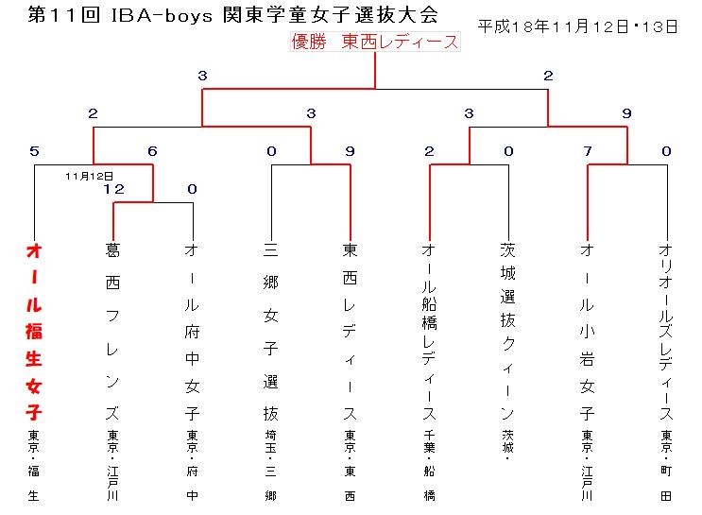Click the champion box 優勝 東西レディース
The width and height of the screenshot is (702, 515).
coord(375,42)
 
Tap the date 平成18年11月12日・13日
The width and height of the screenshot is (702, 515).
coord(577,26)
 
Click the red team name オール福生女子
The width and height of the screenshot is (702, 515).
coord(34,332)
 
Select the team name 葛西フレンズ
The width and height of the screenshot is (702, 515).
coord(112,332)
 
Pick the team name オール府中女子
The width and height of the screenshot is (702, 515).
coord(192,332)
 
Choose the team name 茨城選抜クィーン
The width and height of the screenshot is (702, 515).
coord(508,332)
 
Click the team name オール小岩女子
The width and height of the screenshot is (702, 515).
coord(587,332)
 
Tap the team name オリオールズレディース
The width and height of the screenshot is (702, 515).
coord(666,332)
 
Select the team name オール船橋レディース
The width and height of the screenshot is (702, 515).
coord(429,332)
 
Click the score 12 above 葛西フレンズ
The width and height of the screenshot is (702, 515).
coord(113,189)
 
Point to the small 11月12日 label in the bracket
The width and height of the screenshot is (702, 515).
coord(89,176)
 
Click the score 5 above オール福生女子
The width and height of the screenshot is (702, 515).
coord(34,151)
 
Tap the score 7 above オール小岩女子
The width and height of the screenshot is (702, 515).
coord(588,151)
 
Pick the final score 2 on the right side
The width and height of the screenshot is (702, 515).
coord(548,76)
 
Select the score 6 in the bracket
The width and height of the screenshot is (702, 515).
coord(153,151)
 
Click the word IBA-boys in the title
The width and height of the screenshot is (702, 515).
coord(162,15)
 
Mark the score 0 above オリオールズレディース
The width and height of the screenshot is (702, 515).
coord(666,151)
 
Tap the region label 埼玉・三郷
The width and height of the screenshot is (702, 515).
coord(271,465)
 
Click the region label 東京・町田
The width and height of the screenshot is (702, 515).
coord(666,465)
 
